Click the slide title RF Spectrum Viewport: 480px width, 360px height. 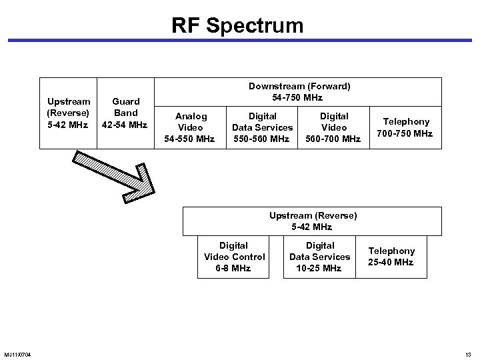[237, 25]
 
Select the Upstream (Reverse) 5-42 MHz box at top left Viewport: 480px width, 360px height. [69, 113]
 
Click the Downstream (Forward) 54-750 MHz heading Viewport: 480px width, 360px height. [299, 91]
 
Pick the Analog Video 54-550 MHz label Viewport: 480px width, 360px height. [191, 127]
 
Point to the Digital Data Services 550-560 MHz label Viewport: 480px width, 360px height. [262, 127]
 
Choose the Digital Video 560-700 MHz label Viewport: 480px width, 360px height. [333, 127]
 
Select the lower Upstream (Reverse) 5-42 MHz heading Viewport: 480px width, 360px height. [313, 221]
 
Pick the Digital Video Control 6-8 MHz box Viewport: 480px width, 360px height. [233, 257]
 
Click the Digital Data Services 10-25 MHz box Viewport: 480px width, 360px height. [319, 257]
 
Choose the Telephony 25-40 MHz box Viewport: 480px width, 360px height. [392, 257]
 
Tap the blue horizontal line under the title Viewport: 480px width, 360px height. [240, 41]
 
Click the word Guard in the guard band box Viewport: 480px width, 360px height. [125, 102]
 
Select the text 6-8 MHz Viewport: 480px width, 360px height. [233, 268]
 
